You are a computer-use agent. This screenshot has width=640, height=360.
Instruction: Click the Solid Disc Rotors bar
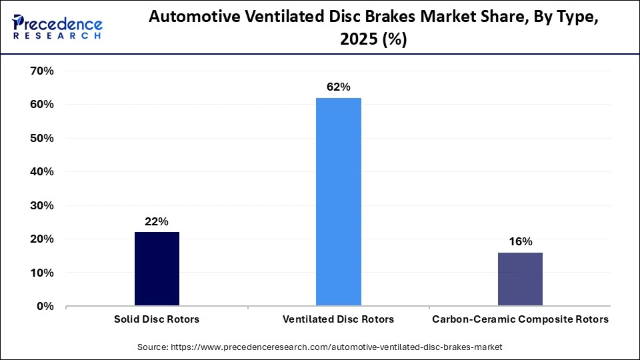pos(157,269)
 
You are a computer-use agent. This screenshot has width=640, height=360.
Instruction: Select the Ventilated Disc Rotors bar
pos(339,202)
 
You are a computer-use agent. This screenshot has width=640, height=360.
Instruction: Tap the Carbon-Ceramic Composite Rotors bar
pos(520,279)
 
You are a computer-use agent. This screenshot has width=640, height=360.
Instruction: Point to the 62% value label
pos(339,87)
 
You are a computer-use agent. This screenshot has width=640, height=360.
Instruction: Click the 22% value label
pos(157,221)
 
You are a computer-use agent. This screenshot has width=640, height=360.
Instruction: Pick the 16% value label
pos(520,241)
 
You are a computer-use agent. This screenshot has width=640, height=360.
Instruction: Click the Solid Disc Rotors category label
pos(157,319)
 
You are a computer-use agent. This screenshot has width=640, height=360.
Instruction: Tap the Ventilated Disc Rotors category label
pos(339,319)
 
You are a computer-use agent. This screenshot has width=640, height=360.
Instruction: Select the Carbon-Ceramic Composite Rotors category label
pos(520,319)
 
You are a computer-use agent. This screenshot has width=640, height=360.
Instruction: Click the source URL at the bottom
pos(320,347)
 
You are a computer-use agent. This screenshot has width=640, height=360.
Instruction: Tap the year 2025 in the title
pos(360,39)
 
